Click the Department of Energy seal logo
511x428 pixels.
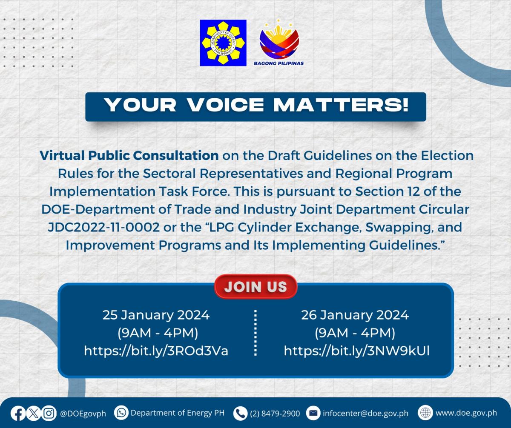coord(223,43)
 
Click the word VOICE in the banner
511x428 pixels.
coord(226,105)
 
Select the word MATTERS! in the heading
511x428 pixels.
coord(341,105)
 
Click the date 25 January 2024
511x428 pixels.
coord(156,315)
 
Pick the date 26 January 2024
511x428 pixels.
coord(355,315)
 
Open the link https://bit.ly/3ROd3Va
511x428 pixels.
coord(156,351)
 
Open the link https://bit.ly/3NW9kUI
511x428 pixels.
coord(356,351)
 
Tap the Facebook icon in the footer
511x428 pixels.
coord(18,414)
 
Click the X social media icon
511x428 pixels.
coord(34,414)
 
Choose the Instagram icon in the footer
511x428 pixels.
coord(49,414)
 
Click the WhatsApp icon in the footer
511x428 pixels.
coord(121,413)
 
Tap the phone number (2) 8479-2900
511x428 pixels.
coord(275,414)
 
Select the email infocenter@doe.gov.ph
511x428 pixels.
coord(366,414)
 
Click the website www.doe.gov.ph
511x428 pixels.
coord(466,413)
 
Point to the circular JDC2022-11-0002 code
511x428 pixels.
coord(104,227)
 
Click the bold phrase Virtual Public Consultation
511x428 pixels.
coord(129,156)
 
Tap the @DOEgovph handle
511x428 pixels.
coord(83,414)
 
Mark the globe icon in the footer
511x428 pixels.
coord(425,413)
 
